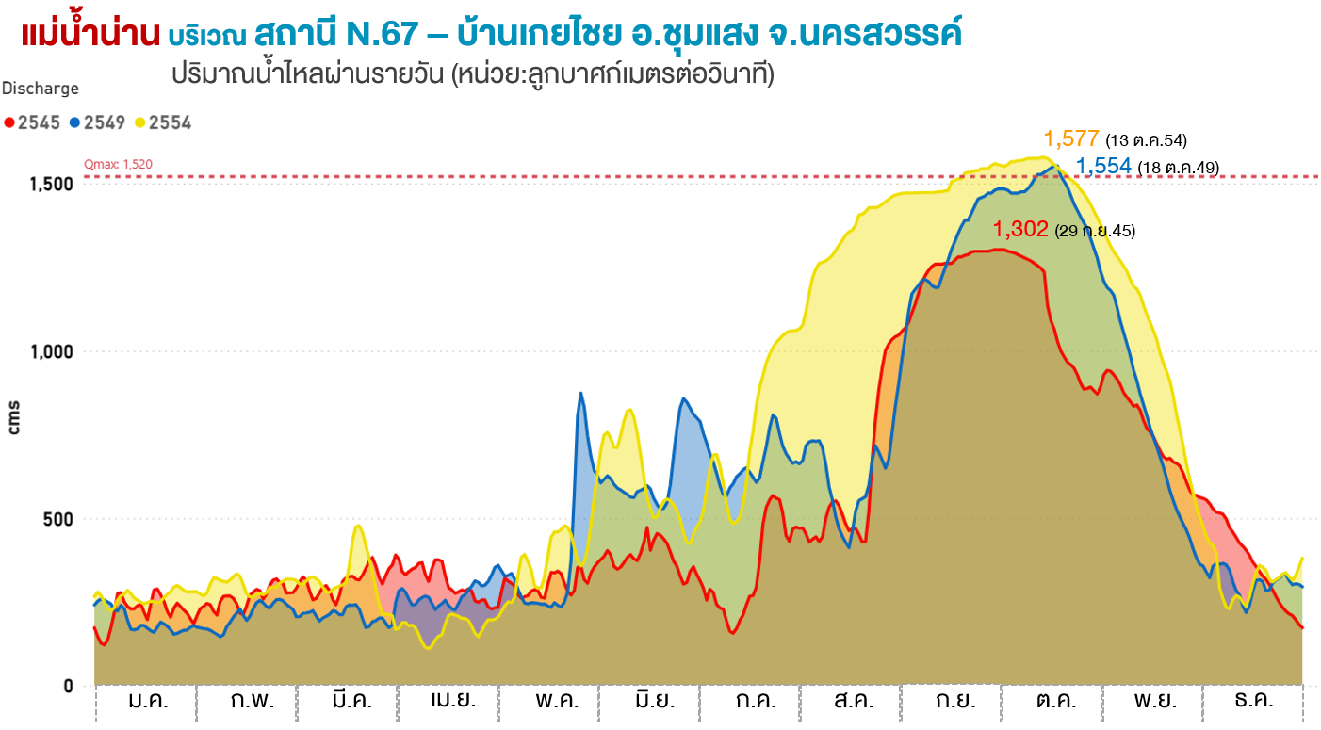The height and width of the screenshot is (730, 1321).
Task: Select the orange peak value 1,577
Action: [x=1071, y=139]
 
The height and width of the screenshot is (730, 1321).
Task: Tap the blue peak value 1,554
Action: [x=1103, y=167]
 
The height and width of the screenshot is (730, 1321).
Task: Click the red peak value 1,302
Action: [x=1020, y=230]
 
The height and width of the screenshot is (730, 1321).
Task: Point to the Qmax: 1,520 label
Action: [x=119, y=164]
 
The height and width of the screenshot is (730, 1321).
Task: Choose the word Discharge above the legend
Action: [x=41, y=89]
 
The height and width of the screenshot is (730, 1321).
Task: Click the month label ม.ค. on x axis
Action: [x=147, y=701]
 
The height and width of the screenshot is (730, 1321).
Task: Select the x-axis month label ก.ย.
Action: [x=955, y=701]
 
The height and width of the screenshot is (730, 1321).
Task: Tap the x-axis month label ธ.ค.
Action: [x=1254, y=701]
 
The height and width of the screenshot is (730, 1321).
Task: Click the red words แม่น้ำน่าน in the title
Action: [x=90, y=35]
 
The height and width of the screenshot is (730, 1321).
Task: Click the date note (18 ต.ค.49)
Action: [x=1178, y=168]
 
